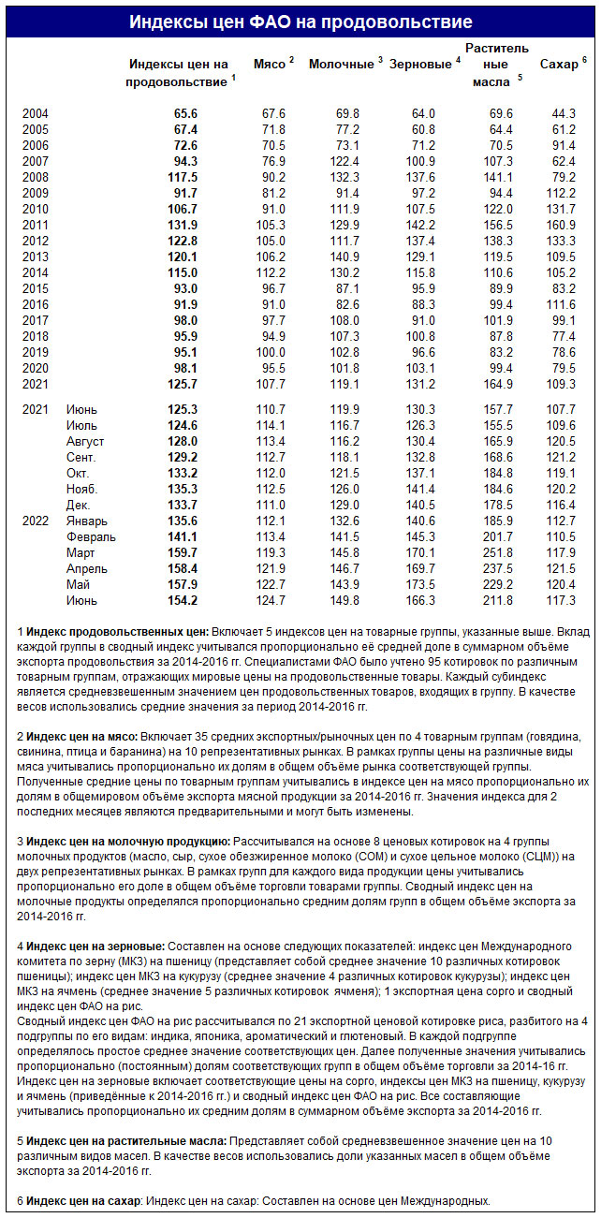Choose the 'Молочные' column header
(x=342, y=64)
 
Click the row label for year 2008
(x=36, y=177)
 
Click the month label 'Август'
(x=85, y=441)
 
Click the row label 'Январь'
(x=87, y=521)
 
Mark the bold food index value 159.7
(x=182, y=552)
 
